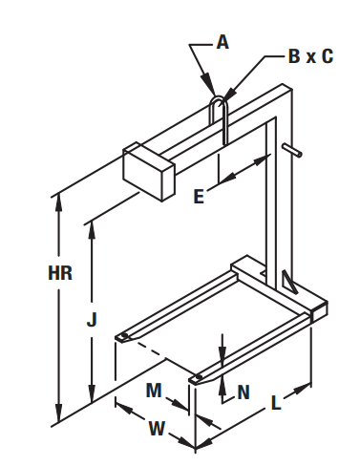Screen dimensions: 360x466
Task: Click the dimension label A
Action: pyautogui.click(x=222, y=42)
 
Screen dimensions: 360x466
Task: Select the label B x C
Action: pyautogui.click(x=310, y=56)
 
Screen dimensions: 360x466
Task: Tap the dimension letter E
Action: pyautogui.click(x=199, y=196)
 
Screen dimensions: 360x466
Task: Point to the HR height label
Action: pyautogui.click(x=60, y=273)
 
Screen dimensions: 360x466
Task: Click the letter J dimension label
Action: pyautogui.click(x=92, y=319)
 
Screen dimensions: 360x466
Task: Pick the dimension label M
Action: pyautogui.click(x=154, y=391)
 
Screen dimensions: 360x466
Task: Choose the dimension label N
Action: pyautogui.click(x=244, y=392)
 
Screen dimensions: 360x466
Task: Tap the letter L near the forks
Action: pyautogui.click(x=276, y=403)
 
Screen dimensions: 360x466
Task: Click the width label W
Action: pyautogui.click(x=157, y=428)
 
